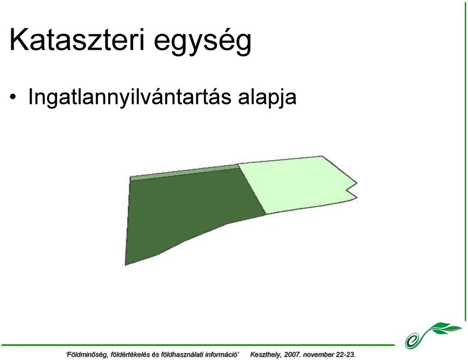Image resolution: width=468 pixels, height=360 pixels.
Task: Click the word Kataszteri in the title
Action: tap(77, 40)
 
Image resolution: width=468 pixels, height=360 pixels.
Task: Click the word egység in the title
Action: tap(203, 42)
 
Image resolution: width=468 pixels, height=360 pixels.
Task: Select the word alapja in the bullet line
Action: tap(267, 98)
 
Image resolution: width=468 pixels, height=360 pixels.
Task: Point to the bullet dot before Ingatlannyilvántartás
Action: tap(13, 98)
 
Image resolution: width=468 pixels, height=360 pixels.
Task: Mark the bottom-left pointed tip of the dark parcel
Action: tap(126, 265)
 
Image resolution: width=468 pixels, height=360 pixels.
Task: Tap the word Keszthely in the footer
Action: tap(266, 355)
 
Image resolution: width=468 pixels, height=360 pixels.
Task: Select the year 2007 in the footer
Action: tap(293, 355)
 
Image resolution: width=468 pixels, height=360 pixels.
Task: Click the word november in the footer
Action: tap(318, 355)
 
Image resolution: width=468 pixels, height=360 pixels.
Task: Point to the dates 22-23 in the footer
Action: tap(345, 355)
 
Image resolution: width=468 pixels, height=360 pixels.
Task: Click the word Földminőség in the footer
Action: tap(87, 355)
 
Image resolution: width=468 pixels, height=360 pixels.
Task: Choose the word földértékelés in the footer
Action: tap(130, 355)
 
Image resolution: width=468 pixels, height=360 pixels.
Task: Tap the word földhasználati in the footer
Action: tap(181, 355)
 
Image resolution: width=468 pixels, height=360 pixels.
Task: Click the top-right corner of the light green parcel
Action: tap(322, 156)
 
